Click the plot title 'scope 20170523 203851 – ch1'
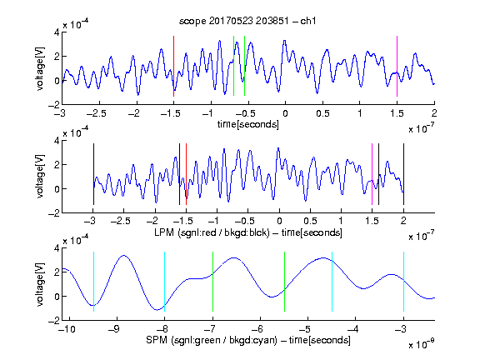point(247,21)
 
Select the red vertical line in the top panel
point(173,66)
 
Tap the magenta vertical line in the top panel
point(397,66)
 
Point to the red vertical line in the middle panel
point(186,174)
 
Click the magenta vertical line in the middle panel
point(372,174)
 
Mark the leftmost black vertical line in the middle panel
point(93,174)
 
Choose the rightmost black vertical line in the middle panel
point(403,174)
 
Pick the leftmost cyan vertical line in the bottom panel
point(93,282)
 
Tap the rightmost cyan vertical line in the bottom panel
point(403,282)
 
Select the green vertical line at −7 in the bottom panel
point(212,282)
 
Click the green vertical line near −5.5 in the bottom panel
point(284,282)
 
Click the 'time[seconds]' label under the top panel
point(248,125)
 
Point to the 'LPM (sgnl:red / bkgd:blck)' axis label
point(212,232)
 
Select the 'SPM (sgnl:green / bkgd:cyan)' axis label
point(212,340)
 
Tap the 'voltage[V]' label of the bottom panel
point(40,284)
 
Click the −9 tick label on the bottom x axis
point(114,329)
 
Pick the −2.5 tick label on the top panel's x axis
point(97,113)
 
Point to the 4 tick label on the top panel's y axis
point(57,32)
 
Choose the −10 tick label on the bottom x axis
point(67,329)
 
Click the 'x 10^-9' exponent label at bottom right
point(421,344)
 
